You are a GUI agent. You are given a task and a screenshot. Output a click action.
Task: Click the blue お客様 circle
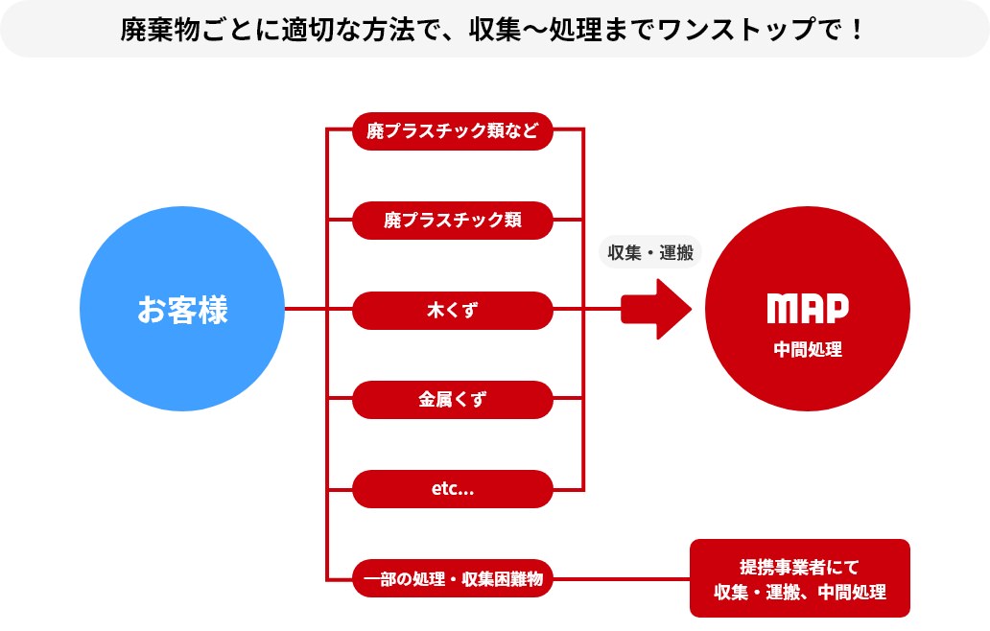182,309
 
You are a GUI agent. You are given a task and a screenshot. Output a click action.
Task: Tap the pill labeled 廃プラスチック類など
452,131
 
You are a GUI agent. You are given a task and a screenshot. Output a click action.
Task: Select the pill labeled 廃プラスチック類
452,221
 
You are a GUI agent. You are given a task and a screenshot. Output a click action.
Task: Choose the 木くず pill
452,310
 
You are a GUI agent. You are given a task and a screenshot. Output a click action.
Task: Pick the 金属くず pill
452,400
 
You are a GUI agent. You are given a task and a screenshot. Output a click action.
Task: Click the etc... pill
452,489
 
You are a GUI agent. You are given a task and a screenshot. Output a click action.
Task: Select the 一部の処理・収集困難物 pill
452,578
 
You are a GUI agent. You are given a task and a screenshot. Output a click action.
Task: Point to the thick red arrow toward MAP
656,309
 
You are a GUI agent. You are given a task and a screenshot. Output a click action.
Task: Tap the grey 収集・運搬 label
650,252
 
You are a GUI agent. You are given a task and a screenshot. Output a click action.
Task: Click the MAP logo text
808,309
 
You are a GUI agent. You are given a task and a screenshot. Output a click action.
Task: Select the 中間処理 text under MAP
808,349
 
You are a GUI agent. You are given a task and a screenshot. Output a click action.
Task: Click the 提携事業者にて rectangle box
799,578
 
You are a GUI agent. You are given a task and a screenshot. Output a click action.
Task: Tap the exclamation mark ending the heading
857,30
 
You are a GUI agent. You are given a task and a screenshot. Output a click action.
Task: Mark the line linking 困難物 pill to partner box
622,578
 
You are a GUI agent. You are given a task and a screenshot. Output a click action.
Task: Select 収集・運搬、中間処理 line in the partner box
800,592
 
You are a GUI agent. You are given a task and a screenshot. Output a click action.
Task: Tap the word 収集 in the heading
495,30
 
